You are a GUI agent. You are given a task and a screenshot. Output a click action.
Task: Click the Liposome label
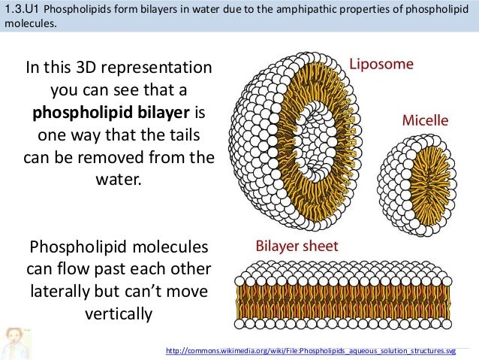[x=383, y=65]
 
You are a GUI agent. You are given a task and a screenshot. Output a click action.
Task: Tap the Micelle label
[x=425, y=120]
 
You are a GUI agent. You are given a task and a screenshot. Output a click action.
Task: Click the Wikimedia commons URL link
[x=310, y=351]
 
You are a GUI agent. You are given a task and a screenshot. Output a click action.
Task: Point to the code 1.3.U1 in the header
[x=22, y=10]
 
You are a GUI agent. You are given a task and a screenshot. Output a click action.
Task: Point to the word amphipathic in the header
[x=292, y=10]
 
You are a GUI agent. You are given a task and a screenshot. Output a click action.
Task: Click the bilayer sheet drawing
[x=344, y=290]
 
